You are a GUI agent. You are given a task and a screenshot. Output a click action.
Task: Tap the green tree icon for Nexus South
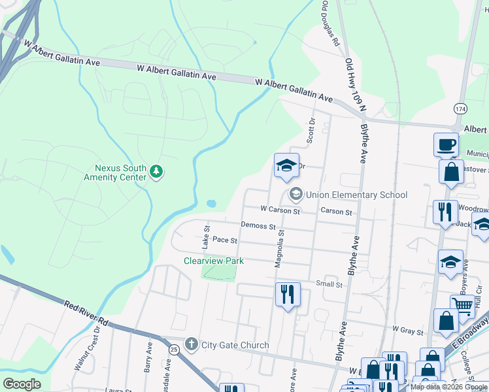156,172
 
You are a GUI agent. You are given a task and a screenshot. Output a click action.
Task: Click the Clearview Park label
213,261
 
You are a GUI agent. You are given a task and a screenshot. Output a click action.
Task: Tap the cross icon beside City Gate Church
191,344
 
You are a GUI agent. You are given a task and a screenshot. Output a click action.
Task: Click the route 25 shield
173,350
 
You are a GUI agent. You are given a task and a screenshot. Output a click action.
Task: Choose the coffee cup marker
446,144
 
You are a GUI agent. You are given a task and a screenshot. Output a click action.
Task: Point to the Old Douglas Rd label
329,23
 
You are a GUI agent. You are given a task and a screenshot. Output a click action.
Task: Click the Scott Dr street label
312,131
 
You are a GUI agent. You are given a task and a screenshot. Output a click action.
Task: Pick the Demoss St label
258,225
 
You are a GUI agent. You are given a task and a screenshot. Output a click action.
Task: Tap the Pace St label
224,240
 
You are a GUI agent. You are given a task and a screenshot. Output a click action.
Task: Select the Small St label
329,284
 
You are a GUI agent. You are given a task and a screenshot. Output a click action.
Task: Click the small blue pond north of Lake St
211,204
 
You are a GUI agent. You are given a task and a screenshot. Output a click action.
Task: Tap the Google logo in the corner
22,384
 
